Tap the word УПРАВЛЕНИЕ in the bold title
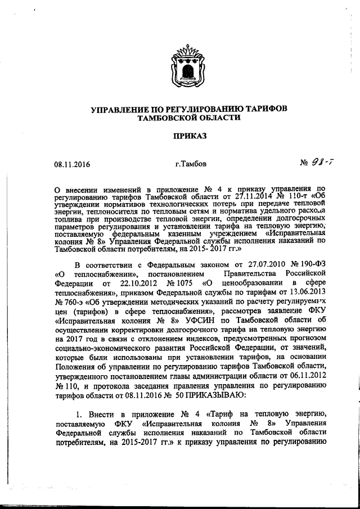[122, 109]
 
